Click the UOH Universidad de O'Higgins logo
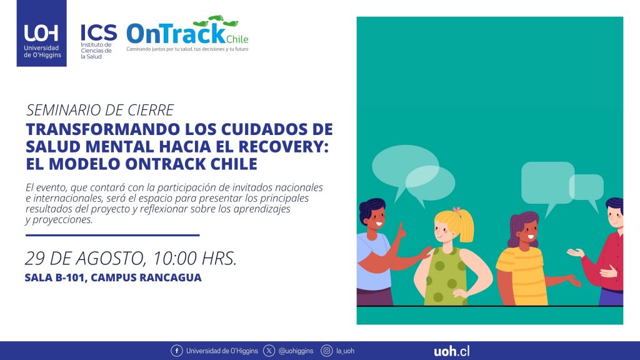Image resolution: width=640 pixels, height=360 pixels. point(41,33)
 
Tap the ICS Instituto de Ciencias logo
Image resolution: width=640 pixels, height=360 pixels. point(98,41)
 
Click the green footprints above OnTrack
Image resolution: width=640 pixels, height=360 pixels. point(215,21)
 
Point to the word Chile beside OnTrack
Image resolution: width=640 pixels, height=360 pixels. point(237,39)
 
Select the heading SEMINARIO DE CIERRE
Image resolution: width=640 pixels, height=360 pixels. point(100,110)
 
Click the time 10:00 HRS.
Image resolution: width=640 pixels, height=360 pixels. point(195,258)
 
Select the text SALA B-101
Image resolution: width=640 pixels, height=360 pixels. point(55,277)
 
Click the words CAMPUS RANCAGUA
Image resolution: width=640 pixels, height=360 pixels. point(146,277)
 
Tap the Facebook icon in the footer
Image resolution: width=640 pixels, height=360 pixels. point(177,351)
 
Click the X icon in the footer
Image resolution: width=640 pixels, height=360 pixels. point(269,351)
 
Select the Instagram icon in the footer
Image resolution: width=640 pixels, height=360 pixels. point(326,351)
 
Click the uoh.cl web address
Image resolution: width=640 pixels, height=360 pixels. point(451,351)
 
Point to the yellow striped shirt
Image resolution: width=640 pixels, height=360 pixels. point(522,276)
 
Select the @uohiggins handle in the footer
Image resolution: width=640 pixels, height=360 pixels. point(296,351)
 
